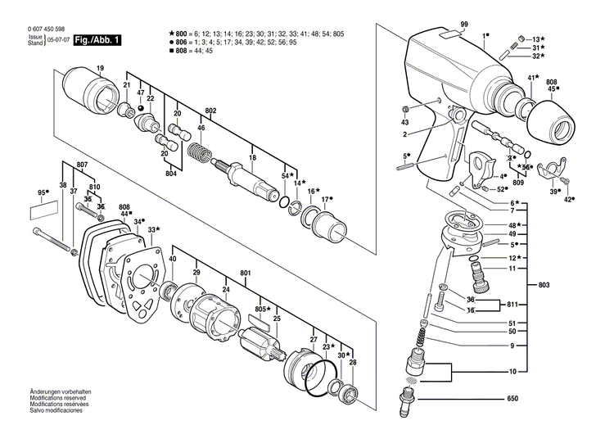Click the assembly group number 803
click(x=544, y=283)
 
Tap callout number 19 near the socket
click(x=100, y=67)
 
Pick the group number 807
click(x=82, y=165)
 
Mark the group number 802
click(x=210, y=111)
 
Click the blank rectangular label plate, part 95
click(x=43, y=210)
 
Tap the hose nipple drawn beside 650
click(x=405, y=402)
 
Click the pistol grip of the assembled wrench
click(x=430, y=151)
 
